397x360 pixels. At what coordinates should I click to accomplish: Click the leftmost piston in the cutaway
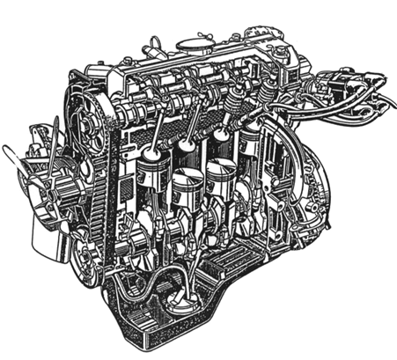(151, 167)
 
